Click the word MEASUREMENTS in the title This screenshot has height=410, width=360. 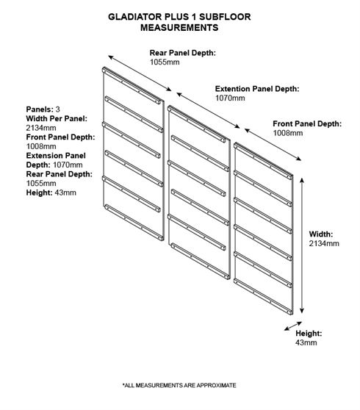coord(179,27)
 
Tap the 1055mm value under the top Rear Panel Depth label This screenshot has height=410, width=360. coord(165,62)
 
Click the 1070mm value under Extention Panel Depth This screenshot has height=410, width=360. coord(230,98)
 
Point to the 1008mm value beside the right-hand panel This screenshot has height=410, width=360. coord(288,133)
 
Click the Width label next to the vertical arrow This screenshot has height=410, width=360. coord(321,234)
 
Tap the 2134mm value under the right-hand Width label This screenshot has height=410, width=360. coord(324,243)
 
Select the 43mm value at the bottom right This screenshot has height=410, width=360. coord(306,342)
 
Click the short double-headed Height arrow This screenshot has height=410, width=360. coord(293,326)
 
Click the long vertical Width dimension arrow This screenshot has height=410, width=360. coord(302,245)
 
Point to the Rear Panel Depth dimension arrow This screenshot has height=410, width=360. coord(140,73)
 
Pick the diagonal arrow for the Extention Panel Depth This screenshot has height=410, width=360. coord(208,110)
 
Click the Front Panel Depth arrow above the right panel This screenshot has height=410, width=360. coord(273,145)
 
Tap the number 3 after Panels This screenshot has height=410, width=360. coord(58,109)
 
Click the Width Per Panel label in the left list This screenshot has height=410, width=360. coord(57,119)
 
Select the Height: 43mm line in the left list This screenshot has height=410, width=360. coord(51,193)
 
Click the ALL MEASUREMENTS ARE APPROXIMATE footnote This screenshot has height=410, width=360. coord(179,386)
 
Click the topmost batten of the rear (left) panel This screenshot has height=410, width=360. coord(132,85)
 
